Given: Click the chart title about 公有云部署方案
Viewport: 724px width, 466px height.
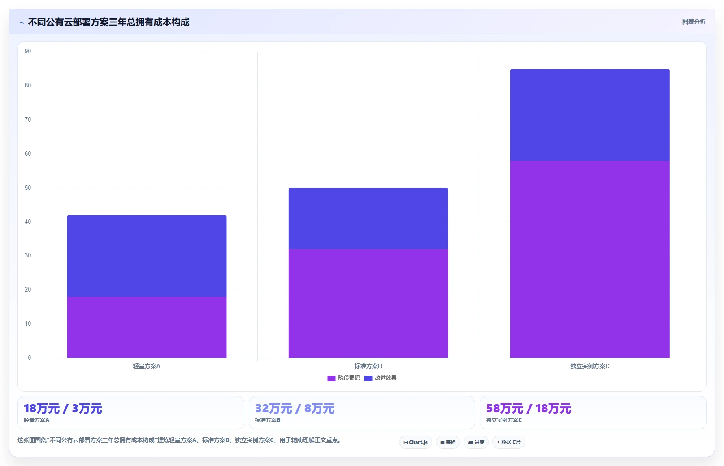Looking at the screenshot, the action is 108,22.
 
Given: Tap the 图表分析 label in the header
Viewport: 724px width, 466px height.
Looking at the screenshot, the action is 694,22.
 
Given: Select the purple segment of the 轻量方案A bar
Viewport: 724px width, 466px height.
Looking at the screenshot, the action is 147,327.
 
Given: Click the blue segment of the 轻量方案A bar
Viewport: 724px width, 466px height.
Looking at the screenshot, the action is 147,256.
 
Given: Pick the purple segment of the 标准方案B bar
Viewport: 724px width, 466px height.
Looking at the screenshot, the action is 368,303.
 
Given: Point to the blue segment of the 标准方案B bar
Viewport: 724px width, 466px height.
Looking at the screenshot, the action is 368,218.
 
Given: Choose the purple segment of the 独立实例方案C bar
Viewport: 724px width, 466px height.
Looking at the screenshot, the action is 590,259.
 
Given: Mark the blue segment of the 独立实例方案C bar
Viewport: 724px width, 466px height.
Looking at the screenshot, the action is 590,115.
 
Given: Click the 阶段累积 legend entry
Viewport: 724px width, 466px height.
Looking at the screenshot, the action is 343,378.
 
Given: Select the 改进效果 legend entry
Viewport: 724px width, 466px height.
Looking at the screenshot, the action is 380,378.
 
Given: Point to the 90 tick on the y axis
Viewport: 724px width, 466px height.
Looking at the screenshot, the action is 28,52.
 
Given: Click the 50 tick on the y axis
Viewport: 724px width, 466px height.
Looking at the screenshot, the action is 28,188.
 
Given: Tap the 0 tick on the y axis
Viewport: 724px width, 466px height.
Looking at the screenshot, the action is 30,357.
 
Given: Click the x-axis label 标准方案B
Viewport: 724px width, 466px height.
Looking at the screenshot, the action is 368,366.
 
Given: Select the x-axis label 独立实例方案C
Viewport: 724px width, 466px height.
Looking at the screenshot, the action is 590,366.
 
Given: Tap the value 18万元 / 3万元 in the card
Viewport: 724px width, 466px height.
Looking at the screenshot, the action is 63,409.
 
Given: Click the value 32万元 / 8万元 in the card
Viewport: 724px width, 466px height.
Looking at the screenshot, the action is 295,409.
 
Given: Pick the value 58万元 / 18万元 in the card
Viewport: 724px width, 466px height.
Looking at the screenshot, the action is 529,409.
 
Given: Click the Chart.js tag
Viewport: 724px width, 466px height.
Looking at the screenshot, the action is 416,442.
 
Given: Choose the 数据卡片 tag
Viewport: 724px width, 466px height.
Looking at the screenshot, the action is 509,442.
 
